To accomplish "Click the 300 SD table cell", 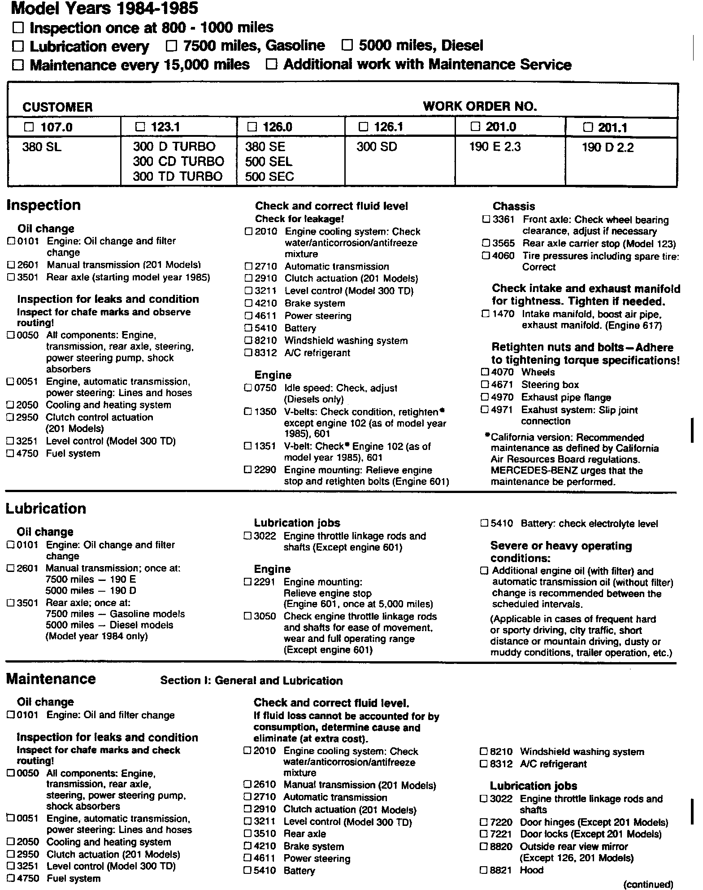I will [377, 147].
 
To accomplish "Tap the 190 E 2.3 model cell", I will [495, 147].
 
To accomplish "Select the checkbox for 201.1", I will [587, 127].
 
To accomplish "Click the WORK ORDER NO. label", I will [480, 106].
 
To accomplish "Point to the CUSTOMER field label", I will [57, 107].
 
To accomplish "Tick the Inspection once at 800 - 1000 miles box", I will [18, 28].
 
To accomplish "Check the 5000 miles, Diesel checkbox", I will [347, 45].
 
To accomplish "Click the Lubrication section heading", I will [46, 509].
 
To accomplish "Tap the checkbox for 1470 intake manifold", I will [485, 314].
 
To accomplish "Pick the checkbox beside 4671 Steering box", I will [485, 384].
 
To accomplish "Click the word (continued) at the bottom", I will [648, 884].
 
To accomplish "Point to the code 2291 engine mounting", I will [264, 582].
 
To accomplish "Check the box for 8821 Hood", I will [483, 870].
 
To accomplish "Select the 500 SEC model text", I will [269, 176].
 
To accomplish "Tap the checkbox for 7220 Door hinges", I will [483, 822].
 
